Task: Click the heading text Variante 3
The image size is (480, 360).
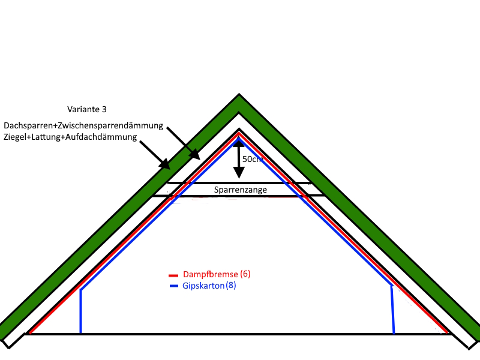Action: pyautogui.click(x=86, y=110)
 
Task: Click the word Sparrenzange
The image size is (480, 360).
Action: pyautogui.click(x=240, y=190)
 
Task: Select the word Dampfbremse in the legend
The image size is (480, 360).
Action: pyautogui.click(x=210, y=274)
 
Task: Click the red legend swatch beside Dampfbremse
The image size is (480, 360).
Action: pyautogui.click(x=174, y=275)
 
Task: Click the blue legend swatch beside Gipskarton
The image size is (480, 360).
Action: pyautogui.click(x=174, y=286)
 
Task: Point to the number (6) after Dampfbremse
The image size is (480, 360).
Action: pyautogui.click(x=245, y=274)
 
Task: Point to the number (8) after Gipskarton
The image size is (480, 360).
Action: pyautogui.click(x=231, y=286)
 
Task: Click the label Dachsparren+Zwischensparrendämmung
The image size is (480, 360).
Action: pyautogui.click(x=84, y=125)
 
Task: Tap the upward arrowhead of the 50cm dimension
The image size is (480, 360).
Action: pyautogui.click(x=239, y=142)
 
